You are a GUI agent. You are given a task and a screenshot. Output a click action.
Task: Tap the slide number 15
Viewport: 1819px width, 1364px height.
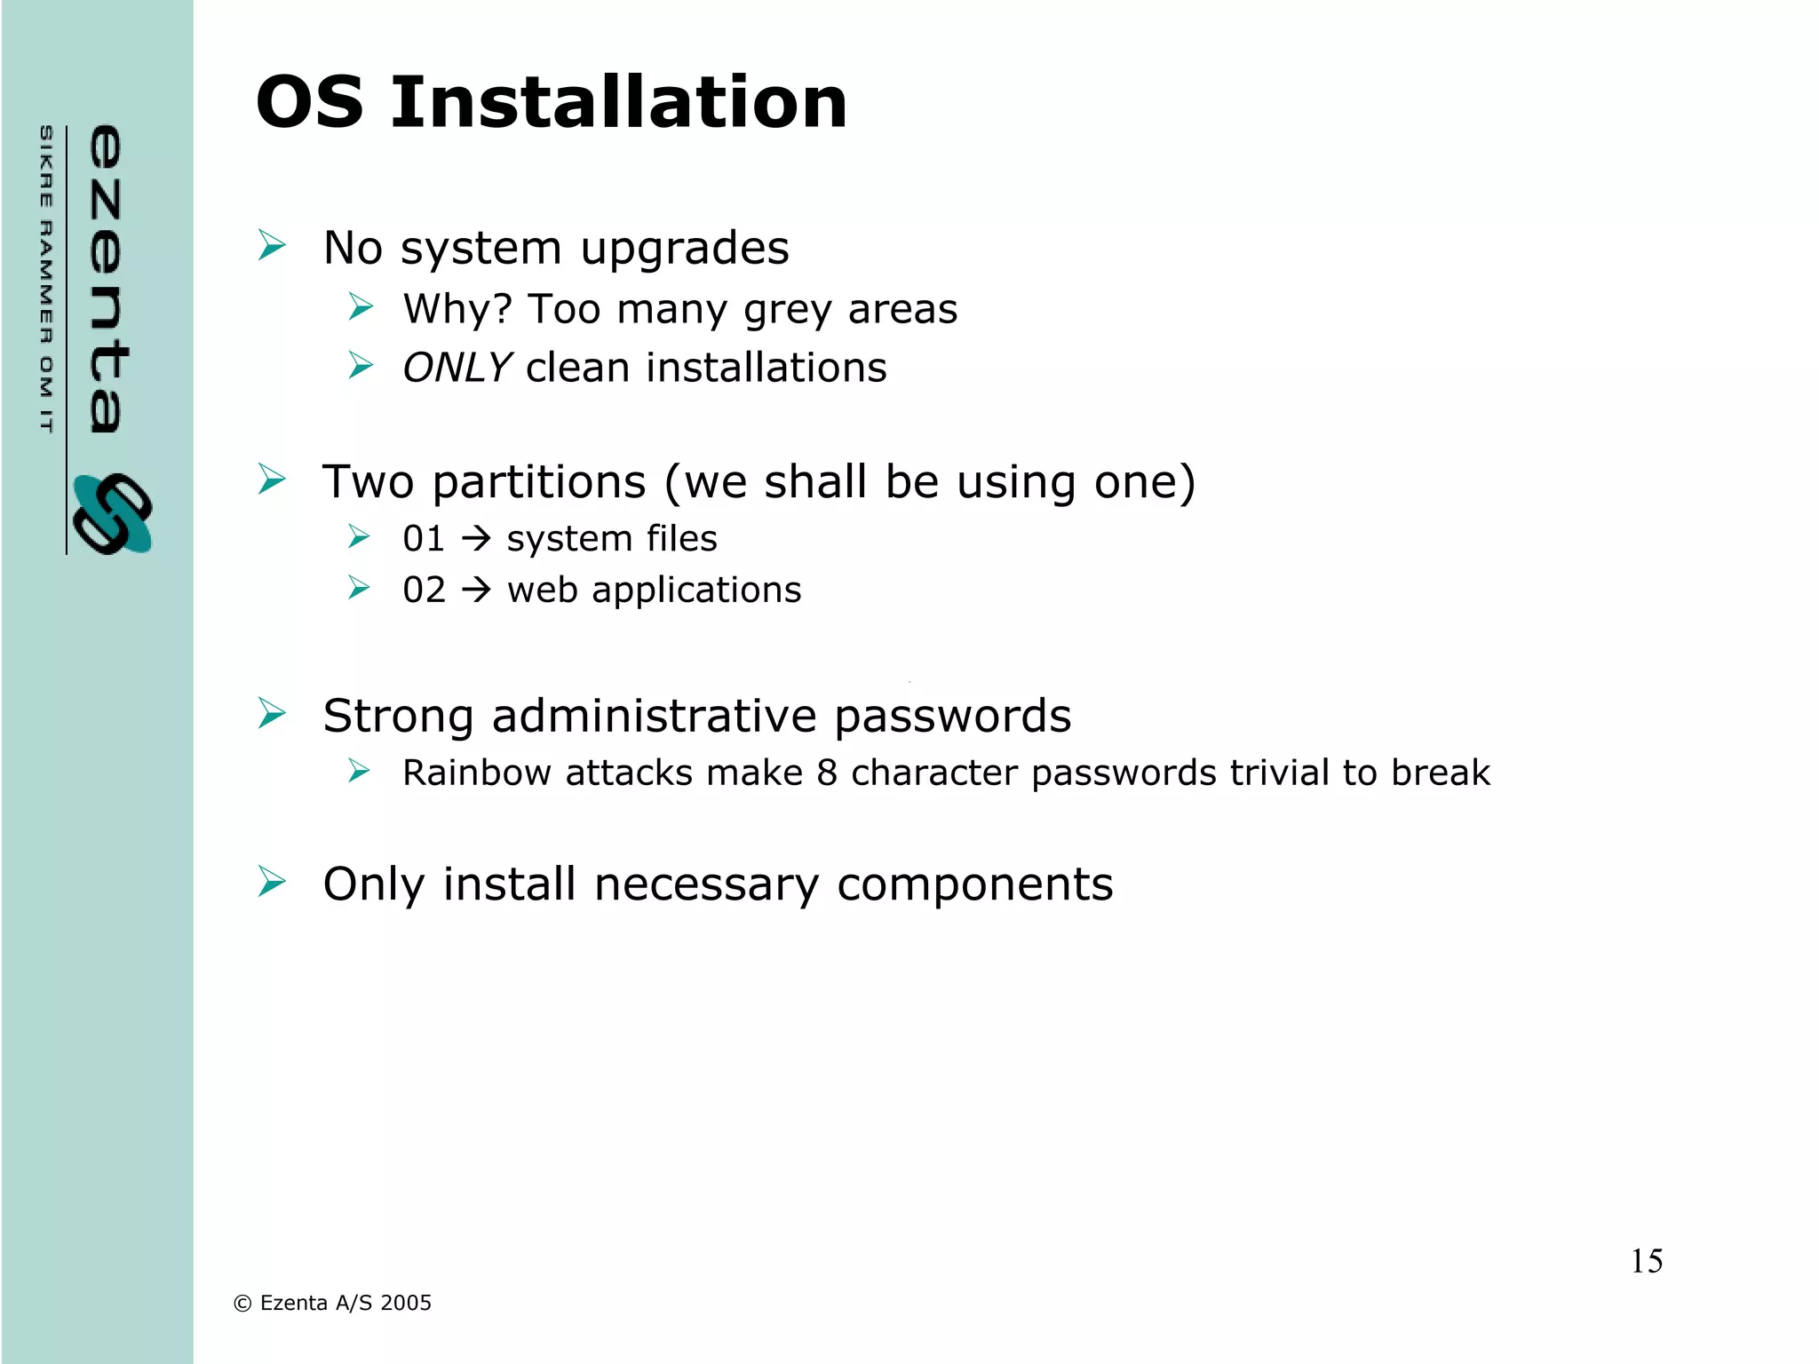pyautogui.click(x=1646, y=1262)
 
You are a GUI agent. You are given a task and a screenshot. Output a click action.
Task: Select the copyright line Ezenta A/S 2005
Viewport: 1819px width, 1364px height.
pyautogui.click(x=332, y=1303)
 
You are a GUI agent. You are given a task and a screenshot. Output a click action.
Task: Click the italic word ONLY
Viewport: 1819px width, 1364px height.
pyautogui.click(x=457, y=368)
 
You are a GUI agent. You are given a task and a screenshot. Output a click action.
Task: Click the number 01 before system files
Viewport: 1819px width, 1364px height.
pyautogui.click(x=424, y=539)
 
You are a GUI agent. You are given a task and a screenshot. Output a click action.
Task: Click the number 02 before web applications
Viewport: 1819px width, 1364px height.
pyautogui.click(x=424, y=591)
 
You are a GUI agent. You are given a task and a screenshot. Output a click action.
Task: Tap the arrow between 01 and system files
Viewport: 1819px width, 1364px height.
pyautogui.click(x=477, y=539)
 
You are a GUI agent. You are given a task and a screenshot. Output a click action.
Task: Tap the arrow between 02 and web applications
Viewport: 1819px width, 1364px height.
pyautogui.click(x=477, y=591)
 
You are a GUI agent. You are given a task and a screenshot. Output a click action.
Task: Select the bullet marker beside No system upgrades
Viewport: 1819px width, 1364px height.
pyautogui.click(x=272, y=245)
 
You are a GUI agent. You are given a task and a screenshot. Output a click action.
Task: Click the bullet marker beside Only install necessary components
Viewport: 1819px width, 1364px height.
pyautogui.click(x=272, y=882)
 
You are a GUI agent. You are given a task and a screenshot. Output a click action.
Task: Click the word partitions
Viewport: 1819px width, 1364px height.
pyautogui.click(x=539, y=482)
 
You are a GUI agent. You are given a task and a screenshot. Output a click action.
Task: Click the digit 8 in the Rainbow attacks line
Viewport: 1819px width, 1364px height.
pyautogui.click(x=827, y=773)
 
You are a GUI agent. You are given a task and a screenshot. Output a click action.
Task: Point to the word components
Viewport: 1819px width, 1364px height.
pyautogui.click(x=974, y=884)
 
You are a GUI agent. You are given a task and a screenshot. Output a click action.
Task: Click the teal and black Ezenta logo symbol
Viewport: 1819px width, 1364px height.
pyautogui.click(x=113, y=514)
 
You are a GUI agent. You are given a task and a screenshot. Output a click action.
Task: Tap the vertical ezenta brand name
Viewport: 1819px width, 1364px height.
pyautogui.click(x=108, y=279)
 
